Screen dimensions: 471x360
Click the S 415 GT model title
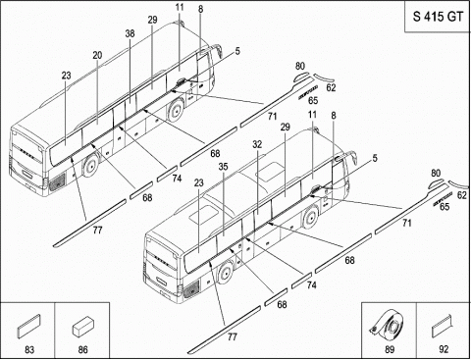click(438, 17)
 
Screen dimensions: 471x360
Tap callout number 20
click(97, 55)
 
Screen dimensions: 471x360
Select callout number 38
click(130, 33)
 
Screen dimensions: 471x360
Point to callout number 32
click(257, 144)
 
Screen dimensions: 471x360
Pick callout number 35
click(223, 167)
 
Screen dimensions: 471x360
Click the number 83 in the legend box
click(29, 350)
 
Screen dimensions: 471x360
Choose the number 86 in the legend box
click(83, 350)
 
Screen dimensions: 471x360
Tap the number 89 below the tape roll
click(390, 349)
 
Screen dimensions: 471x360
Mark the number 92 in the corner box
click(444, 349)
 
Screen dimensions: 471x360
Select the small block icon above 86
click(83, 326)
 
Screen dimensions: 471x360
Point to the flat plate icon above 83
click(28, 326)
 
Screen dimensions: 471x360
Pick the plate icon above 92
click(442, 327)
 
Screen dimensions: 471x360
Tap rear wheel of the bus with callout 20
click(91, 165)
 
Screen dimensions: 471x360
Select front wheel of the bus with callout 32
click(310, 216)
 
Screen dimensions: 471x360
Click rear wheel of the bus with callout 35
click(226, 273)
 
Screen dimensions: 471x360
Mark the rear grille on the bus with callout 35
click(191, 288)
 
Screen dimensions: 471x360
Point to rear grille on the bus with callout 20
click(57, 181)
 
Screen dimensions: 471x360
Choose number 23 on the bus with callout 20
click(66, 76)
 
